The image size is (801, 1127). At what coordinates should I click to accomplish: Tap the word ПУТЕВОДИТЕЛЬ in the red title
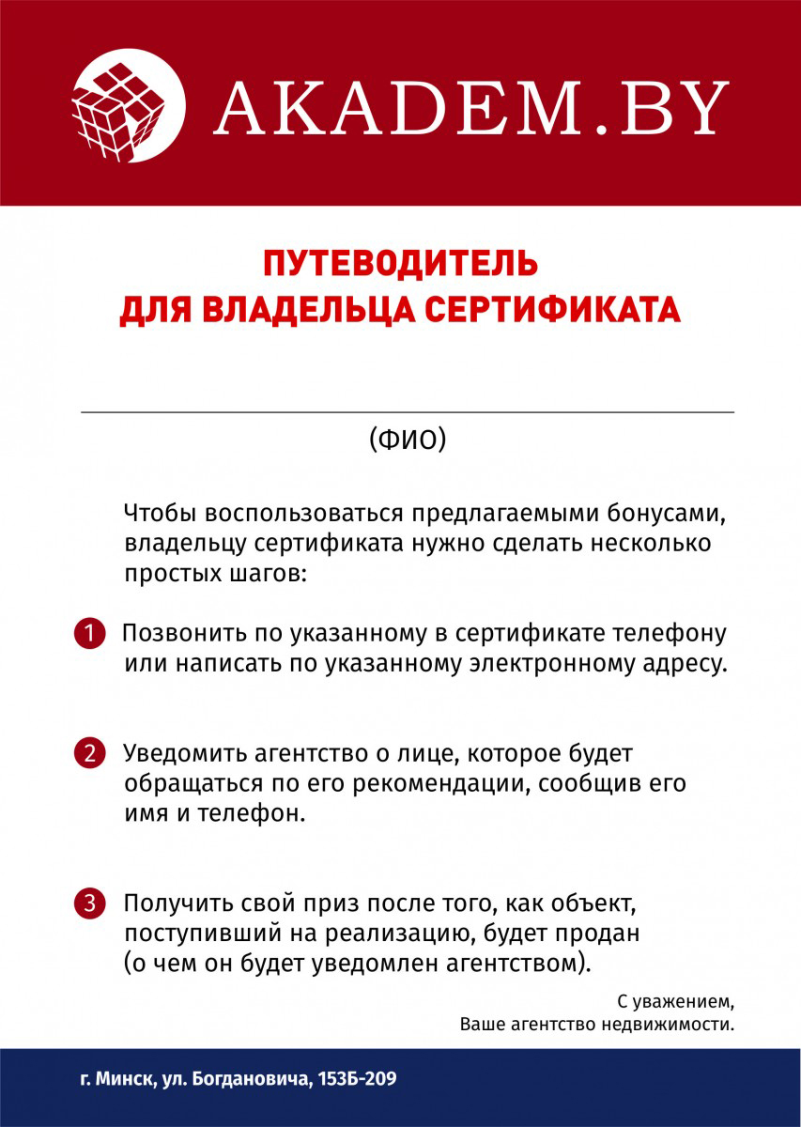(400, 262)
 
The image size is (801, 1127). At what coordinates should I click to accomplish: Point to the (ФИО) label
(408, 439)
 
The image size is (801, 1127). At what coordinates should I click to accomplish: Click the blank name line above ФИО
(408, 411)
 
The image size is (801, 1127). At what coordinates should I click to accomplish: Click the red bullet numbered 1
(89, 632)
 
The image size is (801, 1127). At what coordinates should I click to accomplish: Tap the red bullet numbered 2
(89, 752)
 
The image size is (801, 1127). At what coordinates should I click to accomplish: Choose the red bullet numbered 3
(89, 903)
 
